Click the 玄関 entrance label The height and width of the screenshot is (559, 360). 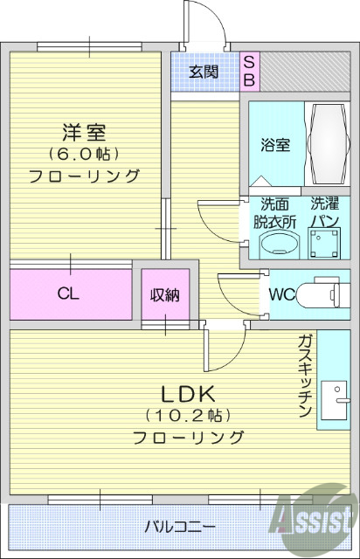click(x=204, y=72)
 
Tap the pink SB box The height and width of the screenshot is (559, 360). click(x=248, y=72)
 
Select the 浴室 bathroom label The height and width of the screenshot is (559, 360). click(x=275, y=146)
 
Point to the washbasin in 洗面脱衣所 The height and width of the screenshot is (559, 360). click(x=275, y=245)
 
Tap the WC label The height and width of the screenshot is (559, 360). click(x=280, y=294)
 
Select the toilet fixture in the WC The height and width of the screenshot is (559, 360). click(x=323, y=294)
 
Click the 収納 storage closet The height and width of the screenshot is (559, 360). click(x=164, y=295)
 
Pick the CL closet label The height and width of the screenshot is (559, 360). click(x=69, y=294)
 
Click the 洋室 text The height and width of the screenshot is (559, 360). click(x=84, y=134)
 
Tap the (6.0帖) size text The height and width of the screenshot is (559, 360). click(x=84, y=155)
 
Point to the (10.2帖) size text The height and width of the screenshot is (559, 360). click(x=188, y=415)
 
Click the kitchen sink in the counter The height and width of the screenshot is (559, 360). click(x=334, y=403)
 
